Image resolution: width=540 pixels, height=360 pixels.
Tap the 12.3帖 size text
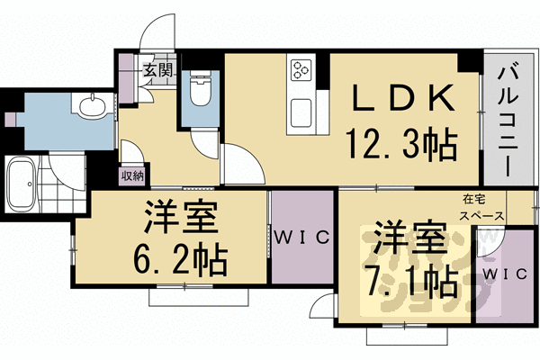[400, 141]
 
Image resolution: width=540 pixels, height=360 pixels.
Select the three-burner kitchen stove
[300, 69]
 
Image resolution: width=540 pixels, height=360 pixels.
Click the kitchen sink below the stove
[301, 113]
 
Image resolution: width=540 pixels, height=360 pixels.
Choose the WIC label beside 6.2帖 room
[302, 238]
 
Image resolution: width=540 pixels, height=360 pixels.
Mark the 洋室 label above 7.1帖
[410, 240]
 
